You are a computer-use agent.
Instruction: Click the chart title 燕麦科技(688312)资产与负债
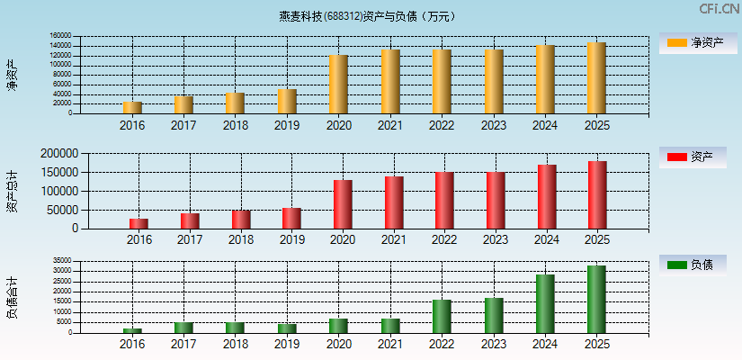(368, 16)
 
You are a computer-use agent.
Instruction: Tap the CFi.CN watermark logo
(719, 9)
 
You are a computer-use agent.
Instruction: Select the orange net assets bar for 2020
(338, 85)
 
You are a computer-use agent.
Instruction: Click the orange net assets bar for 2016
(132, 107)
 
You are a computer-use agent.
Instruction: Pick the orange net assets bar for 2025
(596, 78)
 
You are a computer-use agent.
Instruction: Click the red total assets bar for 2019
(291, 218)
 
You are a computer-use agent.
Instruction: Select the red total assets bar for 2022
(444, 200)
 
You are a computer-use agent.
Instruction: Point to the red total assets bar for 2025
(597, 194)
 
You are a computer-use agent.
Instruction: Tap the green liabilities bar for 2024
(545, 303)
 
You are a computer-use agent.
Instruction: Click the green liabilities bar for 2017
(183, 327)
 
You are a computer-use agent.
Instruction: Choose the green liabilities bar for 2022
(442, 316)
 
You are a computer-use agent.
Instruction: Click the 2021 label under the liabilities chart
(389, 345)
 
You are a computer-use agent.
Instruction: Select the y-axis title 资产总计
(13, 190)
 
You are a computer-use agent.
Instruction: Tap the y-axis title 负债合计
(13, 298)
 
